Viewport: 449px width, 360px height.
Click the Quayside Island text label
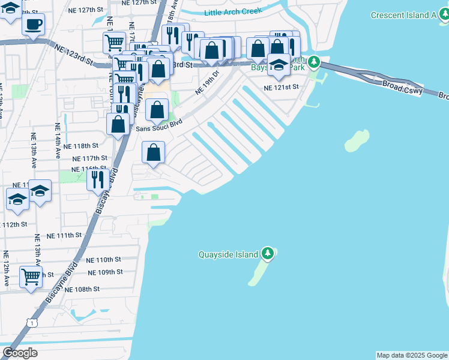coord(228,254)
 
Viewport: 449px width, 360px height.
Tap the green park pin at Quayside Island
coord(268,253)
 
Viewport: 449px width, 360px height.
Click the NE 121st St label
coord(282,87)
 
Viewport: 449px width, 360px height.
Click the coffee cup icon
coord(34,25)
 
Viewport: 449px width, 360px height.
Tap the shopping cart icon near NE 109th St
coord(31,278)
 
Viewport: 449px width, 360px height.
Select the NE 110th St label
coord(103,260)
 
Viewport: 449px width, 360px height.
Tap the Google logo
coord(20,352)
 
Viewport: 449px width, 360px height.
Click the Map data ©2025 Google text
coord(411,355)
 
